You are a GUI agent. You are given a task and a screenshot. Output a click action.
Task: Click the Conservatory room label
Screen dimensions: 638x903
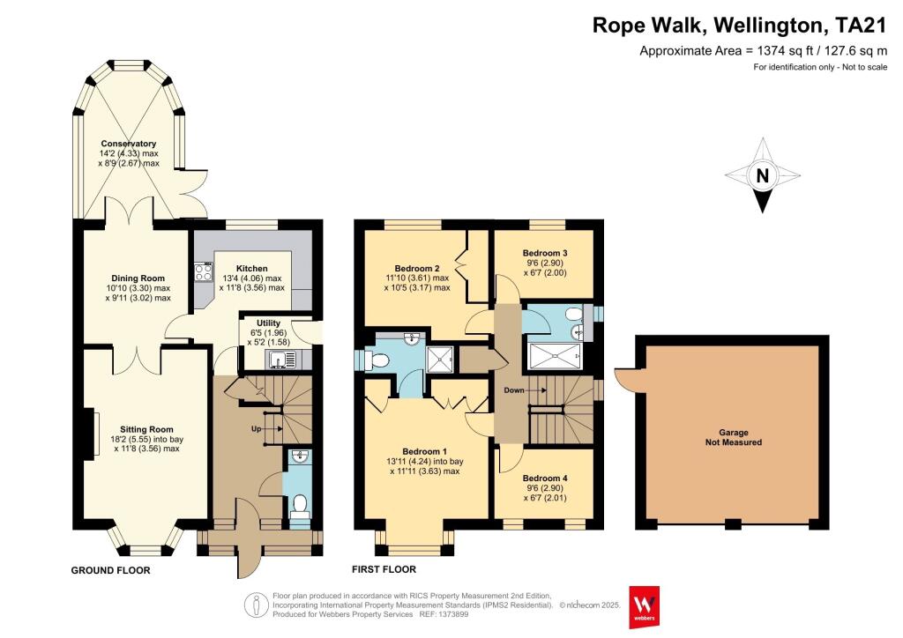coord(129,144)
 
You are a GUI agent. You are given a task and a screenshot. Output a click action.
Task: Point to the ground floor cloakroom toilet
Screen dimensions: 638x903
coord(299,504)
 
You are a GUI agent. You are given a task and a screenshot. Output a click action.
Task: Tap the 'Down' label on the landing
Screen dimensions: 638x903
coord(514,389)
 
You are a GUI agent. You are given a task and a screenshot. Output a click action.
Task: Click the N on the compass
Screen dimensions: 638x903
coord(763,176)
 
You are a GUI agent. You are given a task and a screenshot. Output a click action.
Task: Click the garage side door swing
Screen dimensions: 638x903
coord(626,379)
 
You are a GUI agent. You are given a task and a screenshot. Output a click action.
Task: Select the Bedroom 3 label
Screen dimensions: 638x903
coord(544,253)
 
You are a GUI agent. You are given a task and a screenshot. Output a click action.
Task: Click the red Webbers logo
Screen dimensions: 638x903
coord(646,606)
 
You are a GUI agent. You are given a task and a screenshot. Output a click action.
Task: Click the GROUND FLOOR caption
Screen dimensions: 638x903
coord(110,570)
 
